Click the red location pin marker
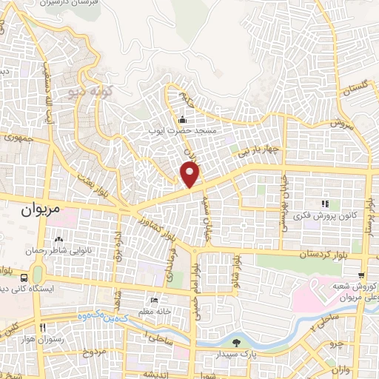click(x=191, y=174)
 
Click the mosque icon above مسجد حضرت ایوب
click(x=182, y=119)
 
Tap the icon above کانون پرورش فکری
click(x=323, y=204)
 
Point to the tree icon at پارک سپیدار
click(x=236, y=342)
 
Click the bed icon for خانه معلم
click(x=154, y=300)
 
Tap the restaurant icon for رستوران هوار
click(x=42, y=327)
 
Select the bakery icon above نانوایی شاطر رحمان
click(x=58, y=240)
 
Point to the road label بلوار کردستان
click(x=307, y=254)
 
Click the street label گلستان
click(x=355, y=87)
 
